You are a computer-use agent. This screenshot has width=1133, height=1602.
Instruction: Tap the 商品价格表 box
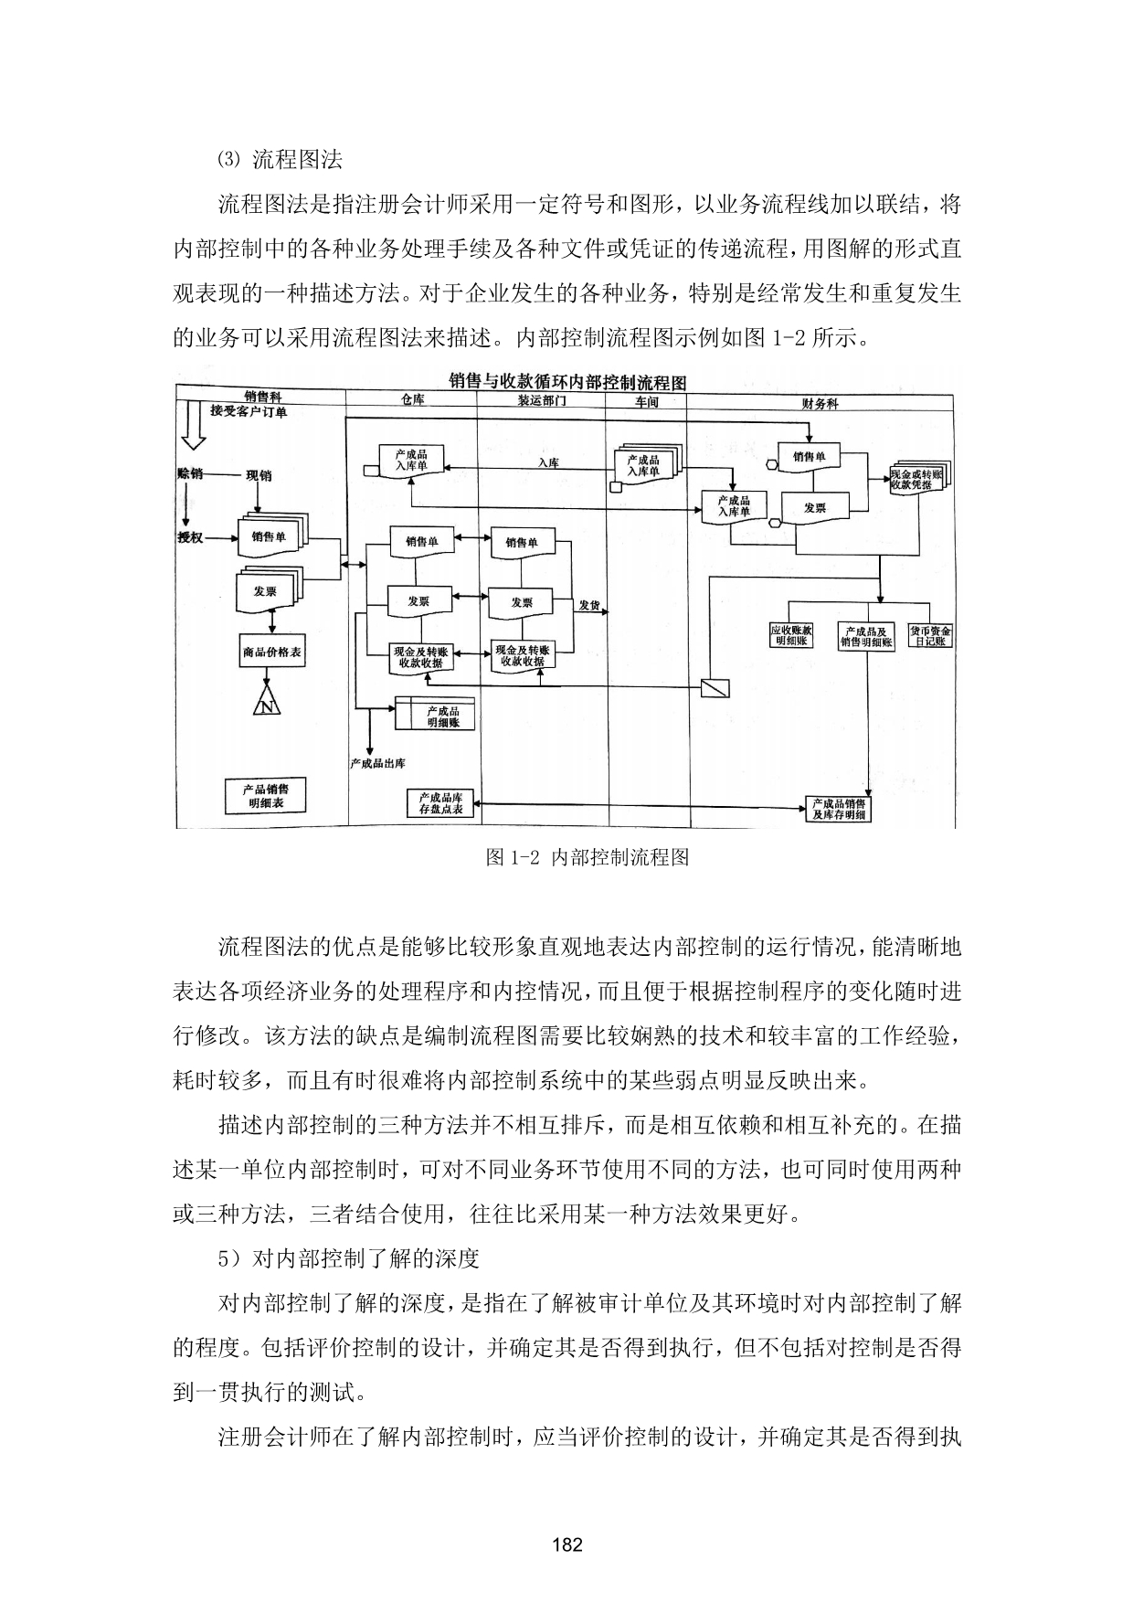(x=272, y=652)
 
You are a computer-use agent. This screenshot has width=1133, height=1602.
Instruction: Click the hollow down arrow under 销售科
(x=193, y=427)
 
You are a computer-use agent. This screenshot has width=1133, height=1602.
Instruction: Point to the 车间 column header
(x=646, y=402)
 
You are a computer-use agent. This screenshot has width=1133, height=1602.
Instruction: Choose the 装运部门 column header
(x=542, y=401)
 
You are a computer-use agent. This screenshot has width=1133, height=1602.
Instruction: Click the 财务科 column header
(x=820, y=403)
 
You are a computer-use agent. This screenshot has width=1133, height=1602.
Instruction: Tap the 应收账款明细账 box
(x=790, y=635)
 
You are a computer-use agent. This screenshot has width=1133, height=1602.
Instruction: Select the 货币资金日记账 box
(x=929, y=635)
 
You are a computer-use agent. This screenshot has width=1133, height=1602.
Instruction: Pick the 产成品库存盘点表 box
(x=440, y=803)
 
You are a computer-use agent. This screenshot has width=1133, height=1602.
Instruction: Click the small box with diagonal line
(x=715, y=688)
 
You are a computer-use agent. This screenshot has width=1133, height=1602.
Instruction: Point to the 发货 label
(x=589, y=605)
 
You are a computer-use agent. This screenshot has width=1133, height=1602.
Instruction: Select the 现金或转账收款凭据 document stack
(x=920, y=477)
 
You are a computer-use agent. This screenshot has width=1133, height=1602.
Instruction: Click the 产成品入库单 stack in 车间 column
(x=646, y=464)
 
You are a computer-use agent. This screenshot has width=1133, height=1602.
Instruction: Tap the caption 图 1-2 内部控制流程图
(x=588, y=857)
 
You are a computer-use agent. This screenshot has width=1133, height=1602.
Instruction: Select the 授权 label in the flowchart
(x=190, y=537)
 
